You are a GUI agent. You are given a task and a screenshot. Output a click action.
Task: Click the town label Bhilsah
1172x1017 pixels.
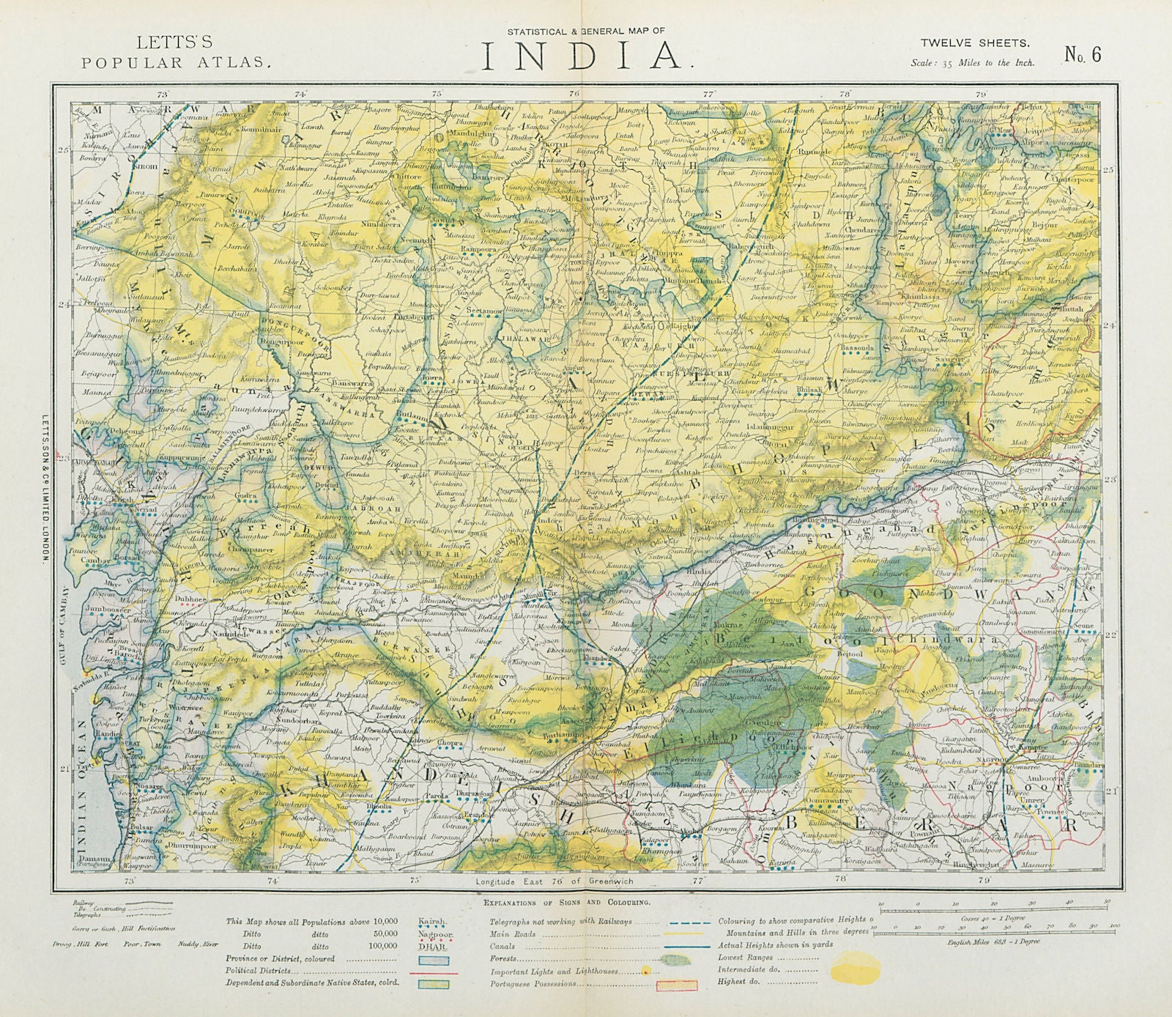tap(809, 391)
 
